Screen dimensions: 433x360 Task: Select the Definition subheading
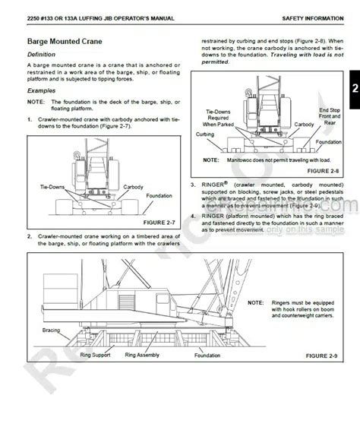click(x=43, y=55)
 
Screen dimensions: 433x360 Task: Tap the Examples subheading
click(x=43, y=88)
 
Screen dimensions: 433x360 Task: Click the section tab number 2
click(x=354, y=88)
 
